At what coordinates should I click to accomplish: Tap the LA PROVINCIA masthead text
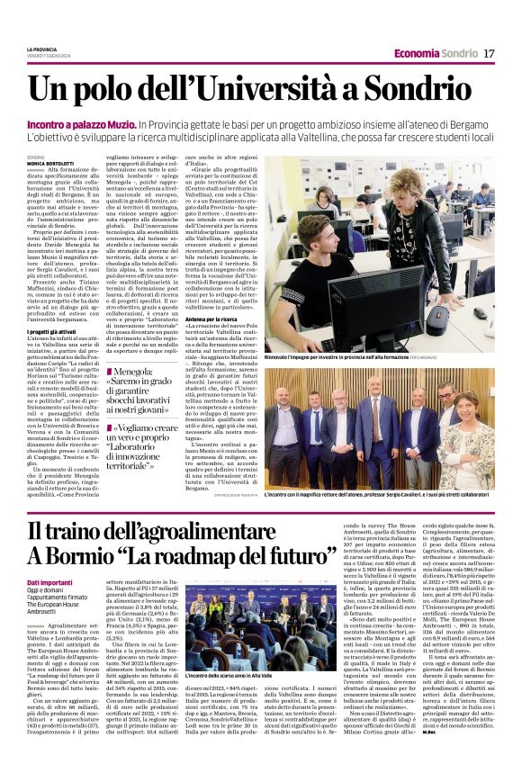pyautogui.click(x=41, y=49)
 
